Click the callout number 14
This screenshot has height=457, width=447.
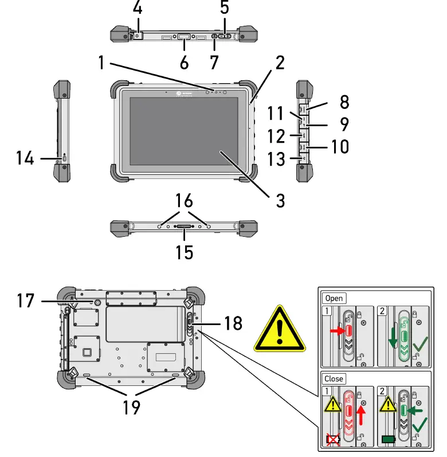(x=25, y=157)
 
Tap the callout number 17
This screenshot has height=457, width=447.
(x=25, y=300)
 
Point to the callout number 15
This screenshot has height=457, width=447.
(x=185, y=252)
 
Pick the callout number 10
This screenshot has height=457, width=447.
(x=340, y=146)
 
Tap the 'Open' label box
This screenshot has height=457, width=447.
(x=334, y=298)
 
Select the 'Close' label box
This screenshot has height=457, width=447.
(x=334, y=378)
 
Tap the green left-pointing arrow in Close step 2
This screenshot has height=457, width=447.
(x=417, y=411)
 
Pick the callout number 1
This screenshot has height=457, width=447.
(x=101, y=62)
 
